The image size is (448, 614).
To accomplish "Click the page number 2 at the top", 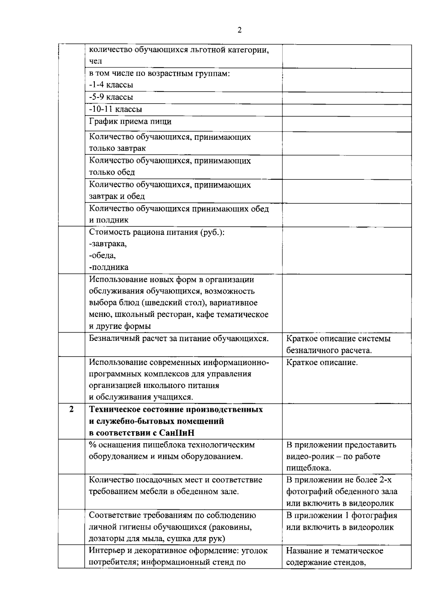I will coord(239,30).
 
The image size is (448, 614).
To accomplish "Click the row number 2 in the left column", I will coord(71,409).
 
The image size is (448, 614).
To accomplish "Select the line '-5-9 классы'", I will coord(111,97).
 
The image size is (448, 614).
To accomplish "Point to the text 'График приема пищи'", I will coord(130,121).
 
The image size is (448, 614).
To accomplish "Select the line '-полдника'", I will coord(109,267).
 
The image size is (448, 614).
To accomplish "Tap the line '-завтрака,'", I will coord(108,244).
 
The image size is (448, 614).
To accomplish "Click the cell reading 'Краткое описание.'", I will coord(322,362).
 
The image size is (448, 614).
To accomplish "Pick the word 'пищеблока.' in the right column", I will coord(309,468).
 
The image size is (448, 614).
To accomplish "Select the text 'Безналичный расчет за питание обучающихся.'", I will coord(179,339).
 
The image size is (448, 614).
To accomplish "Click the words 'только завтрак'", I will coord(117,148).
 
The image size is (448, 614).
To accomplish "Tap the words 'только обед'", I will coord(112,172).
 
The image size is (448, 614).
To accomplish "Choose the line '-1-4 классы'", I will coord(111,85).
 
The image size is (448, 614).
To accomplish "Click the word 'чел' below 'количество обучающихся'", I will coord(96,61).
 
